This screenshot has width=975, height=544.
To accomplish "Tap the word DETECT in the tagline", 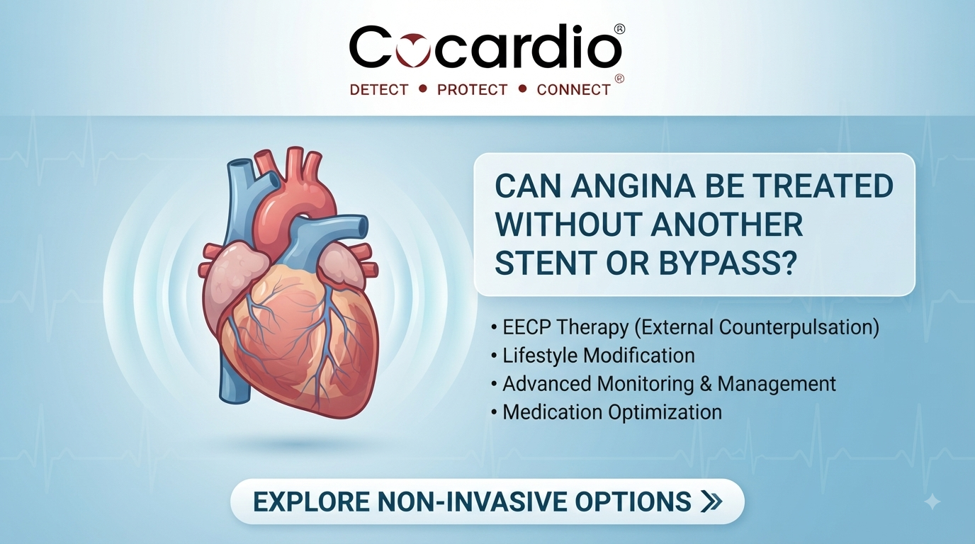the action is [378, 90].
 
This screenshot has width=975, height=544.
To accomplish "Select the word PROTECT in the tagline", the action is [472, 90].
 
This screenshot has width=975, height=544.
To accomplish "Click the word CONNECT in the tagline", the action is [574, 90].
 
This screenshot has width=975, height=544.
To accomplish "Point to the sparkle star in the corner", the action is [932, 502].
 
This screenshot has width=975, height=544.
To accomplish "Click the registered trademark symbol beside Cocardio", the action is [619, 29].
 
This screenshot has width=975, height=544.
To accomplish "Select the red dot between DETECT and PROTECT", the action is [422, 89].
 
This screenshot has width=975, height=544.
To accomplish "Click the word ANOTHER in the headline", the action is [727, 224].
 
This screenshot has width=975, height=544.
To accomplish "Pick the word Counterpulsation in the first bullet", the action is [799, 327].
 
